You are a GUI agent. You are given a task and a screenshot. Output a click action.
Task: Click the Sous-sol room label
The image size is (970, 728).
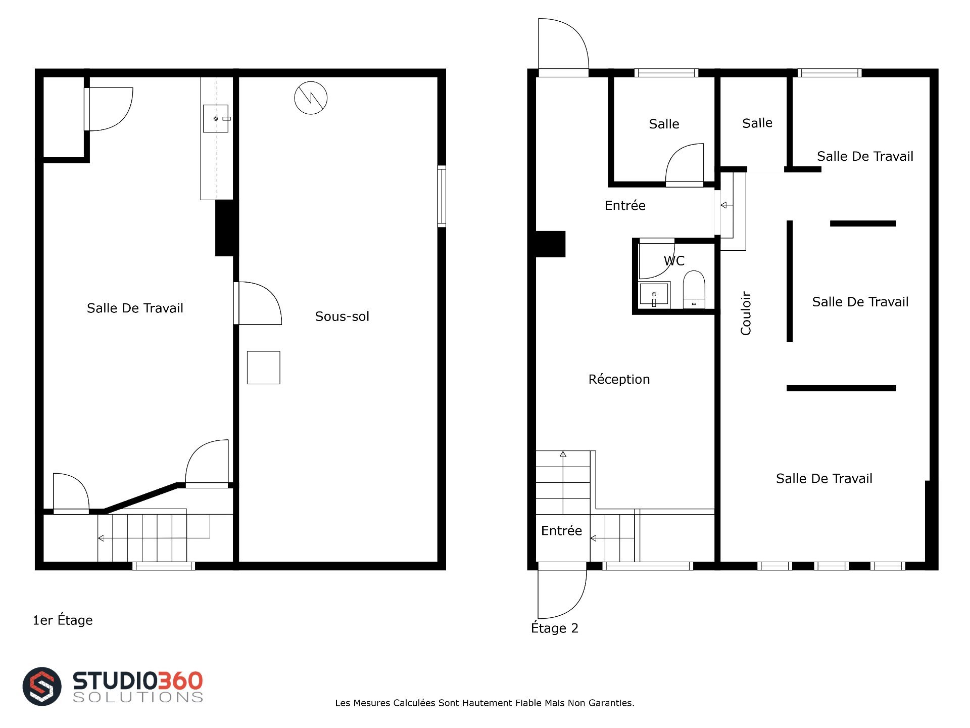click(x=342, y=316)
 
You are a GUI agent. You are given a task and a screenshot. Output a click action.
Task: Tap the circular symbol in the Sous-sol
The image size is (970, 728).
click(x=311, y=98)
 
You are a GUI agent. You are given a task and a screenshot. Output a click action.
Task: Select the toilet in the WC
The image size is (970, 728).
click(x=694, y=289)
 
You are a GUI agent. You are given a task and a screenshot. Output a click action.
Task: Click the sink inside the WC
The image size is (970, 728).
click(x=654, y=294)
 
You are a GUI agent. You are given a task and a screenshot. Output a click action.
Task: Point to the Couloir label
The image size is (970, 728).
click(x=746, y=313)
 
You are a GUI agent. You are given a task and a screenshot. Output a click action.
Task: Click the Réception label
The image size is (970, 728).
click(x=619, y=379)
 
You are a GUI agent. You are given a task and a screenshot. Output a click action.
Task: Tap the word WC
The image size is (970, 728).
click(x=674, y=261)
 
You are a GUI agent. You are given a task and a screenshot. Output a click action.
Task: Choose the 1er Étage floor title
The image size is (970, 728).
click(x=63, y=620)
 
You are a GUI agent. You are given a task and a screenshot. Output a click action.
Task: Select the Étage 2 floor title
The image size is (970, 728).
click(x=554, y=628)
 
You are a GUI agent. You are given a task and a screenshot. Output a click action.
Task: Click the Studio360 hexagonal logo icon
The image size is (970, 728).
click(x=42, y=686)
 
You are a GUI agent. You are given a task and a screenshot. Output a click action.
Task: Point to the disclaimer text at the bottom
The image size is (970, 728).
click(x=484, y=703)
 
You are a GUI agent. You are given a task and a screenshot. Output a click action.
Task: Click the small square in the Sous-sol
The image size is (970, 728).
click(x=263, y=368)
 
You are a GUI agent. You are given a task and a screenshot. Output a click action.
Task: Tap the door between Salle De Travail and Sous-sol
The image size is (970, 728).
click(x=258, y=303)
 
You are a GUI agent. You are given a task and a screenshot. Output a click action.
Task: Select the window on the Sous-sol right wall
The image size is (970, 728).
click(x=442, y=196)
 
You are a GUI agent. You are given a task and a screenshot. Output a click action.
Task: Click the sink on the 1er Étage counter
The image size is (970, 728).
click(x=216, y=118)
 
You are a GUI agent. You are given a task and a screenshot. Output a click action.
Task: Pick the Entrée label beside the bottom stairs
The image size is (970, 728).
click(x=561, y=530)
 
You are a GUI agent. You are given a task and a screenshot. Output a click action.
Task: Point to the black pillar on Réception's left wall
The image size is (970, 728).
click(x=550, y=244)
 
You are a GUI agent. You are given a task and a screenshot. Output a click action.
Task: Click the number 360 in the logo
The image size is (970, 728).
click(x=180, y=680)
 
